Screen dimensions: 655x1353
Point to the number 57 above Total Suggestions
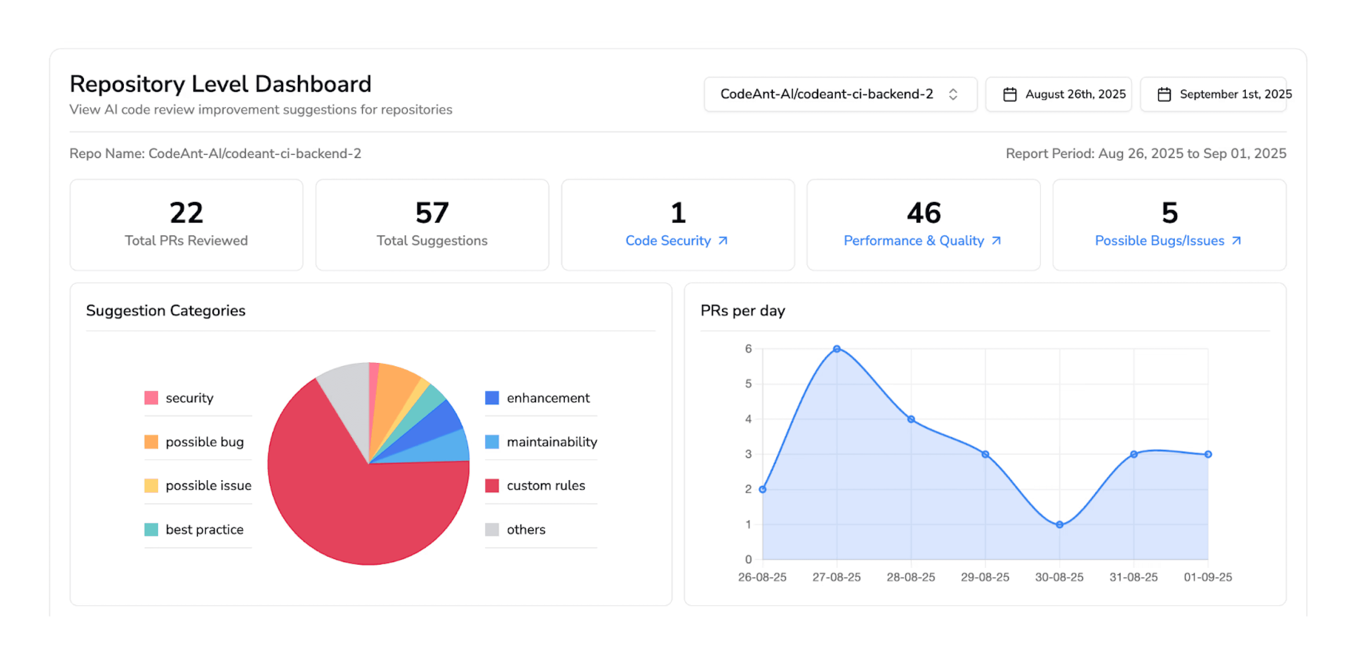[x=432, y=213]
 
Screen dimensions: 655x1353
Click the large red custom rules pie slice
[x=363, y=510]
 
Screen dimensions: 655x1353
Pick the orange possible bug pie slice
[x=394, y=389]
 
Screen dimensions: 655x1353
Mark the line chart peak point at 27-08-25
[x=837, y=349]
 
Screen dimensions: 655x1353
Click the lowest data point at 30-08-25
[x=1059, y=524]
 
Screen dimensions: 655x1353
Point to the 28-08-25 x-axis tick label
[x=911, y=577]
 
